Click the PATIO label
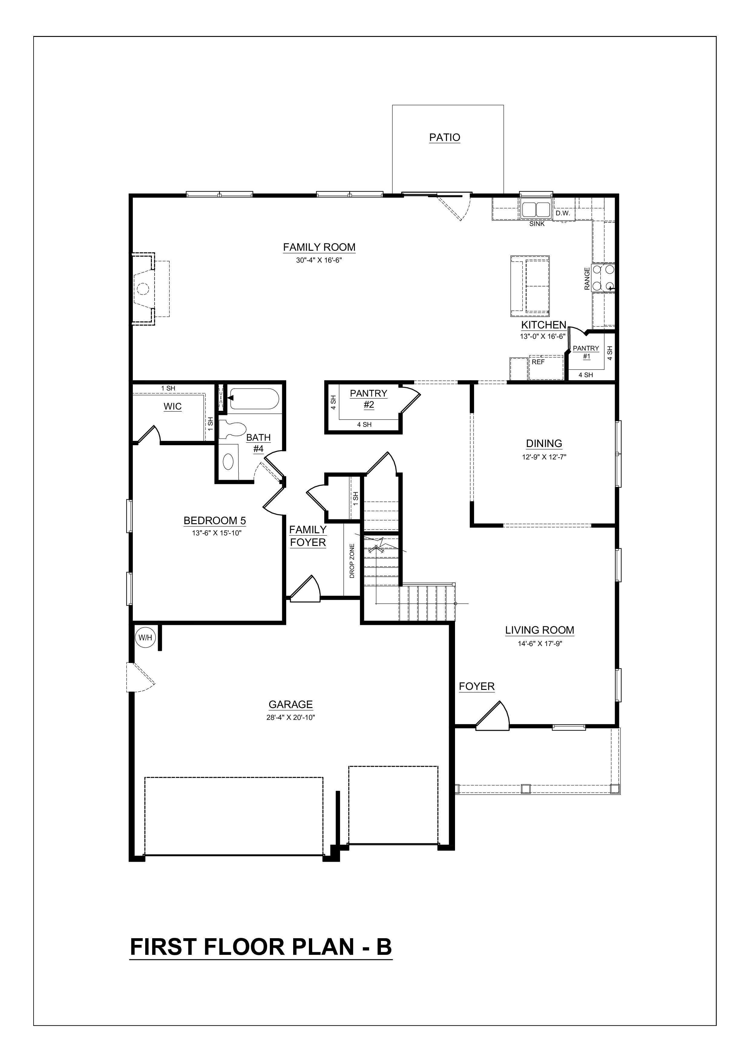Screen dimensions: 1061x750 click(444, 138)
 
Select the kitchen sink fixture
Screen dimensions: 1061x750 click(536, 209)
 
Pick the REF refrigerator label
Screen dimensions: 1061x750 click(538, 362)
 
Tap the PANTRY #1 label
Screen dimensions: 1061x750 click(586, 352)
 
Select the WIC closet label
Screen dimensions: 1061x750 click(172, 407)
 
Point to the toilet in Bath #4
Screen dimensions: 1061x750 click(233, 428)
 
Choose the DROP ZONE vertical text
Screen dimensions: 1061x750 click(352, 561)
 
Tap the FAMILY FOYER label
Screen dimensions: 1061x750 click(308, 536)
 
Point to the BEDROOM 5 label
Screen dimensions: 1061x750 click(215, 521)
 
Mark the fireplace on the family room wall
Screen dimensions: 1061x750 click(143, 289)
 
